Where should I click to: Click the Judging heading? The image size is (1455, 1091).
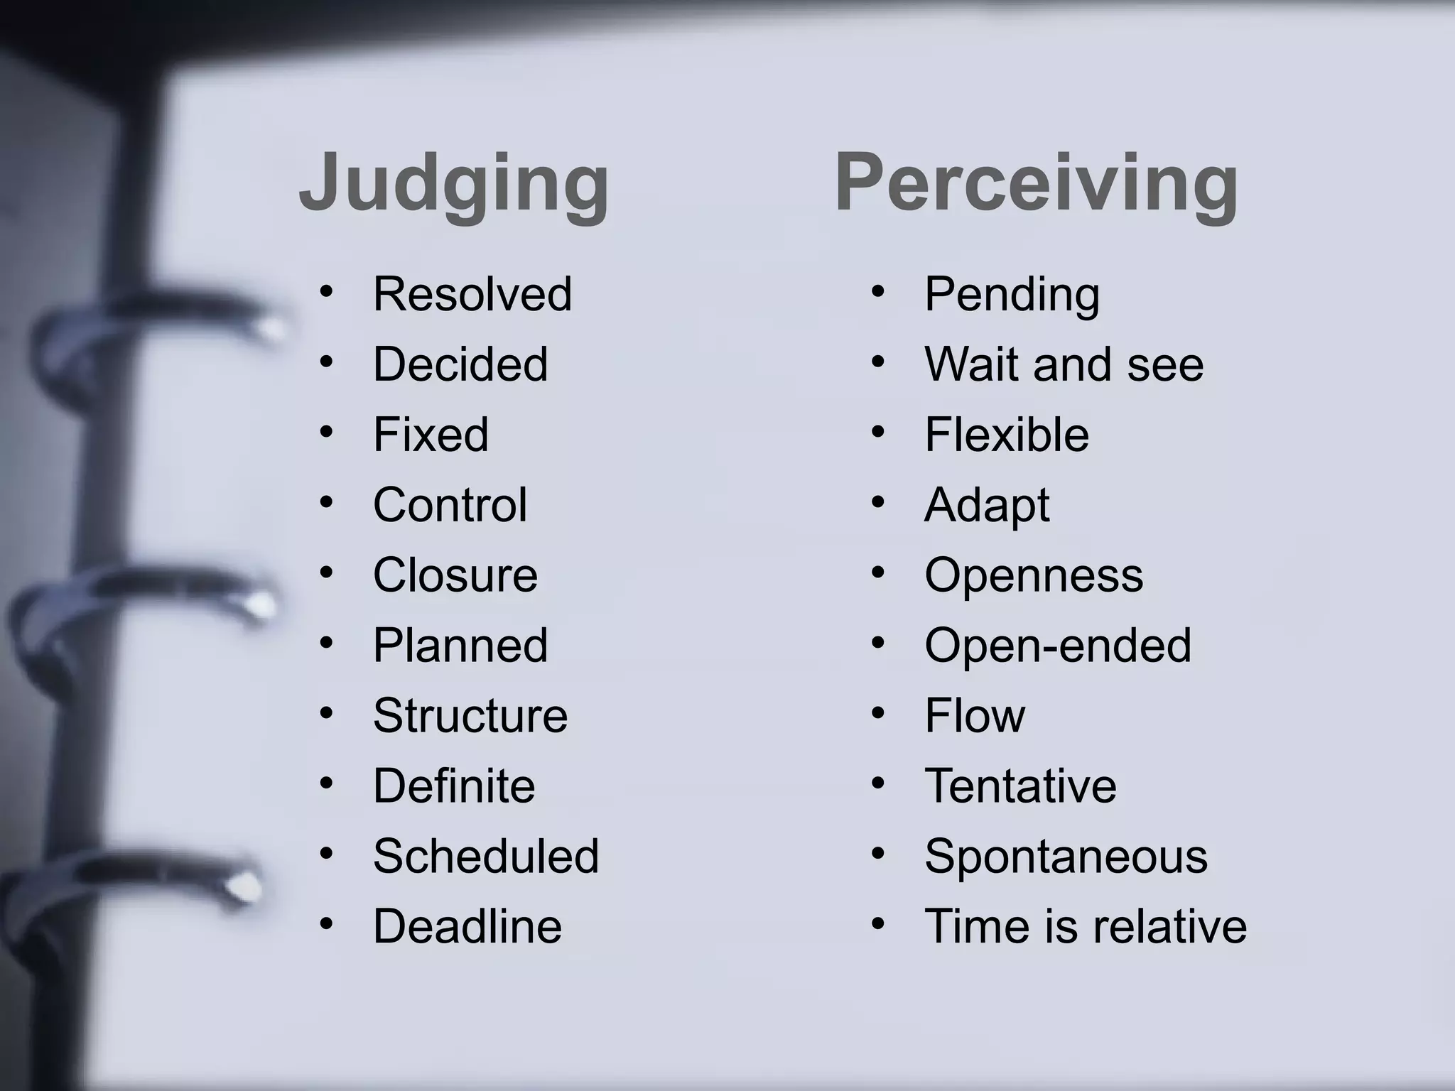click(x=454, y=183)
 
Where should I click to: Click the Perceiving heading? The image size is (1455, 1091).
click(x=1037, y=183)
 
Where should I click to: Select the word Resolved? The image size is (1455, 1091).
click(x=472, y=293)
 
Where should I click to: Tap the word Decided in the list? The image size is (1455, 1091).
click(x=460, y=364)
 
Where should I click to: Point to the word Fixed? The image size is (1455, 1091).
click(x=431, y=434)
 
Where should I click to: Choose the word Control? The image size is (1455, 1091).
click(x=450, y=504)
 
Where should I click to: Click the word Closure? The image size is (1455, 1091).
click(x=455, y=575)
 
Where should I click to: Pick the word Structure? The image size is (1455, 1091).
click(x=470, y=715)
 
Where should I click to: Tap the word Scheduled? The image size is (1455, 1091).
click(x=486, y=856)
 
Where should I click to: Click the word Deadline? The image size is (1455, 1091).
click(x=467, y=926)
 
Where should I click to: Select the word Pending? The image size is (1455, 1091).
click(x=1012, y=293)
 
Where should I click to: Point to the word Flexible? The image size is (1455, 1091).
click(x=1006, y=434)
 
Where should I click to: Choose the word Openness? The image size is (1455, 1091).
click(x=1034, y=575)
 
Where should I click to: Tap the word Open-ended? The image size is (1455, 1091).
click(x=1057, y=645)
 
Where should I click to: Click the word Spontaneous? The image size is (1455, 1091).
click(x=1066, y=856)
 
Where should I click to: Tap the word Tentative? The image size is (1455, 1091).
click(x=1020, y=786)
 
